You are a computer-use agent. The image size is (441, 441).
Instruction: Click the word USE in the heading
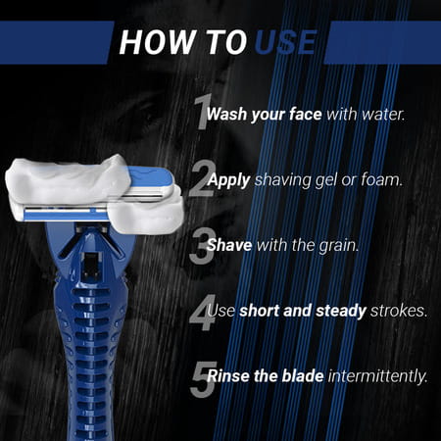click(285, 42)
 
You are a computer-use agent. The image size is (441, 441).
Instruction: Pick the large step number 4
click(202, 313)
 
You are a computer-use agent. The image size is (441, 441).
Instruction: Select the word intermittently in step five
click(373, 378)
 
